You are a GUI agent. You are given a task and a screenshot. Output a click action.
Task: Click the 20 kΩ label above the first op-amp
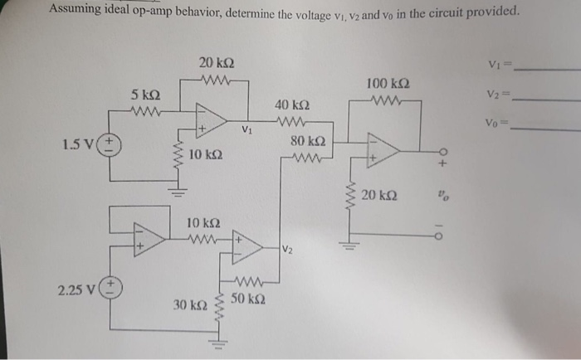point(216,63)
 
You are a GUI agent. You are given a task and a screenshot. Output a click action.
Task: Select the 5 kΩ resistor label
point(145,95)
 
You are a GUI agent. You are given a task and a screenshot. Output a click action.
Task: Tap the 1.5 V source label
point(81,146)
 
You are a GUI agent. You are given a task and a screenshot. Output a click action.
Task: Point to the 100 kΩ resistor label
point(387,84)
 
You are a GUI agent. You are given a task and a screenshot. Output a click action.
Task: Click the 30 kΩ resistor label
point(189,305)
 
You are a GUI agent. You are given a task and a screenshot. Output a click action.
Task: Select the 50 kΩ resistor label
point(248,297)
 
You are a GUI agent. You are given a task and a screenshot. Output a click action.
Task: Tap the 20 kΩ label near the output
point(379,195)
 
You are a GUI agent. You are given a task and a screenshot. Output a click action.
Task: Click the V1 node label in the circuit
point(247,129)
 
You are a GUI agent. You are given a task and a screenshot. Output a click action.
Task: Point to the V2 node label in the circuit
point(286,249)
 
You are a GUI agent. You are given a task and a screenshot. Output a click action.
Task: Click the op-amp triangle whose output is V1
point(210,119)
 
